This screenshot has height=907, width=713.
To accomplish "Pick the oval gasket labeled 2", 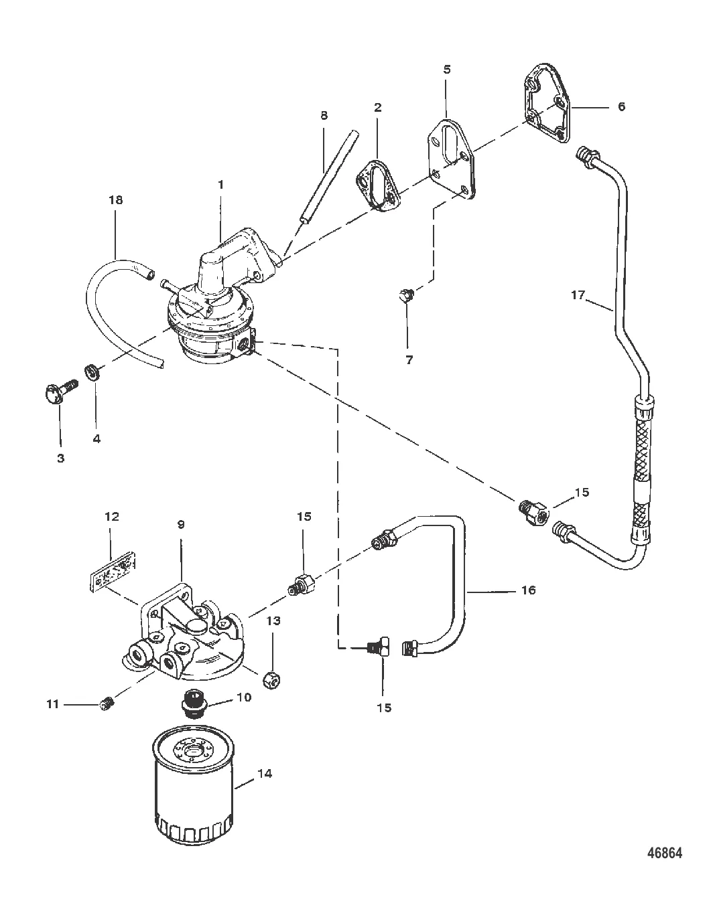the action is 378,186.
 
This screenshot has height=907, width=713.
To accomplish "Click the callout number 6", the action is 621,106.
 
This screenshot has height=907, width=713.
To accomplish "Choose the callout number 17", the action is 578,295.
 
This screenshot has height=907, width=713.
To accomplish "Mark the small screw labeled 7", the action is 405,295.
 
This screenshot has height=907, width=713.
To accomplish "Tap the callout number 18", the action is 116,200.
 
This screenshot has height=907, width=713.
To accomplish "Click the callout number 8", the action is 324,115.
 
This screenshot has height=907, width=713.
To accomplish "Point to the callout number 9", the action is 181,524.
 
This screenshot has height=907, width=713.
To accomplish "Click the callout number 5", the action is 447,70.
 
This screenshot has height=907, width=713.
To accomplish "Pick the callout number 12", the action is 112,516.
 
